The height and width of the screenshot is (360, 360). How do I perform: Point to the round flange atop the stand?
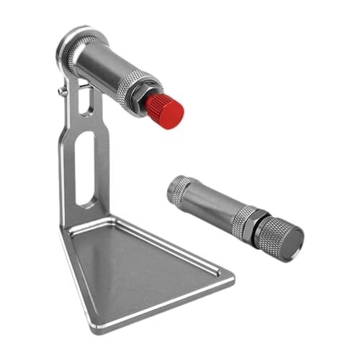pyautogui.click(x=72, y=45)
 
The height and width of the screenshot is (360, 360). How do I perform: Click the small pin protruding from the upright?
pyautogui.click(x=59, y=91)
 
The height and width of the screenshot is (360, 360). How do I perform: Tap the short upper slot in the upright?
pyautogui.click(x=86, y=103)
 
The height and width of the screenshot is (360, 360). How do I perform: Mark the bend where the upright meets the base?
pyautogui.click(x=79, y=220)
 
